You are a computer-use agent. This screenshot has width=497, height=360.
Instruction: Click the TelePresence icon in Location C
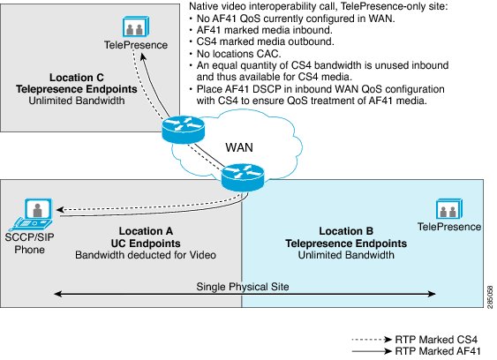point(136,26)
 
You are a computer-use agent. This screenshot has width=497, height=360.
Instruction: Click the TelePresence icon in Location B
point(449,209)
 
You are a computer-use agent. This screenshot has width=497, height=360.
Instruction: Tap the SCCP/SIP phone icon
point(32,214)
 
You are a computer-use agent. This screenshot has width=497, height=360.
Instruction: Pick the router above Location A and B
point(243,177)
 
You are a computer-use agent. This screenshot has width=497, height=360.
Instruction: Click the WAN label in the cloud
point(239,147)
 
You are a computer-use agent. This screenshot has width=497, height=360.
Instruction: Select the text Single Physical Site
point(243,287)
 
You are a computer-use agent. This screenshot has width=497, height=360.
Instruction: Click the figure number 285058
point(490,297)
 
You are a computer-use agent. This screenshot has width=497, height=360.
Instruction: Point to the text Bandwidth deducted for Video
point(146,255)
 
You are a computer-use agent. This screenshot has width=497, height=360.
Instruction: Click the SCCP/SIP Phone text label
point(29,244)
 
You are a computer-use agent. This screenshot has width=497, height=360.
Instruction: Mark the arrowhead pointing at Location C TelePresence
point(143,56)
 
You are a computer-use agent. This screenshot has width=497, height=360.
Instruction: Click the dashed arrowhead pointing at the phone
point(60,209)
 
